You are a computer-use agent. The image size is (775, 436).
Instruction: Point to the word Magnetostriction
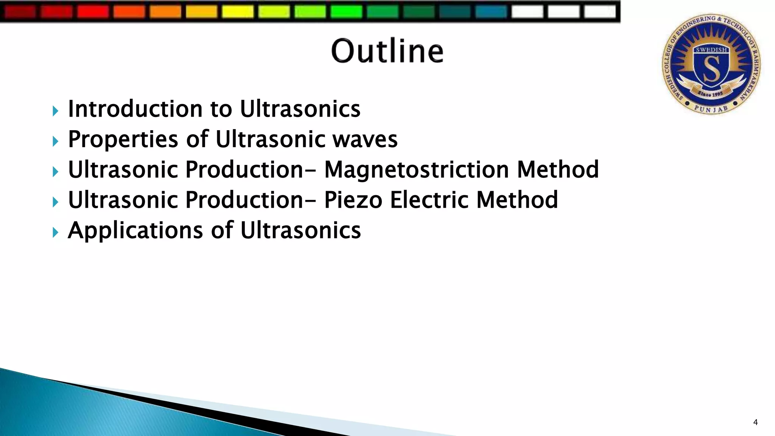(x=416, y=170)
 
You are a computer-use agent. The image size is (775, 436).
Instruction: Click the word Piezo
(x=353, y=200)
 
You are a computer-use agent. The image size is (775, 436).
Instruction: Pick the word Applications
(x=135, y=230)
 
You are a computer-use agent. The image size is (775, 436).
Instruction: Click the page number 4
(x=755, y=422)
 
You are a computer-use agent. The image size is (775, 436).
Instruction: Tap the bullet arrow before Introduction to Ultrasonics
(x=56, y=111)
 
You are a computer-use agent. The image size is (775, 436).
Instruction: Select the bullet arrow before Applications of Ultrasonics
(x=56, y=232)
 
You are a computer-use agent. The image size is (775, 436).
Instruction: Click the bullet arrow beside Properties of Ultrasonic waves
(x=56, y=142)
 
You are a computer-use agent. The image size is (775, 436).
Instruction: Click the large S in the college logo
(x=711, y=68)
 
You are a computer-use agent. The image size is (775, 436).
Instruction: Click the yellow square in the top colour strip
(x=237, y=11)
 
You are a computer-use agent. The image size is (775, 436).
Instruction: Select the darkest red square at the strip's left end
(x=20, y=11)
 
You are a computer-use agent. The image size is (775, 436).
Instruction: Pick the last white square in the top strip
(x=600, y=11)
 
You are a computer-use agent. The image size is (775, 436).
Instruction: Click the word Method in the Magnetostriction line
(x=558, y=170)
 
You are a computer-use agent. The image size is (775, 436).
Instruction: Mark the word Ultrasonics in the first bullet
(x=300, y=109)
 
